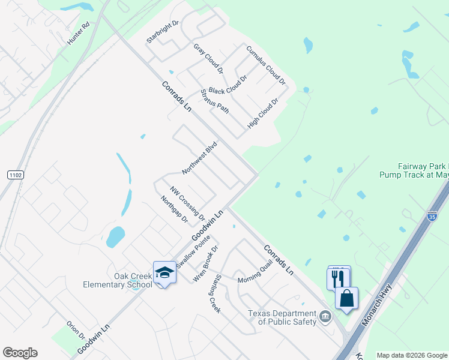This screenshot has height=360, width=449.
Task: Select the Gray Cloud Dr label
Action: tap(208, 58)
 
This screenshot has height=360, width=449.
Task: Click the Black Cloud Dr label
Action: tap(228, 85)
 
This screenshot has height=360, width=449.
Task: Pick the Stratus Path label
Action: tap(215, 101)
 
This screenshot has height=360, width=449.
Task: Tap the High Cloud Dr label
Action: tap(264, 113)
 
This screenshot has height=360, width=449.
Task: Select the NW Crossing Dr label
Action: tap(187, 203)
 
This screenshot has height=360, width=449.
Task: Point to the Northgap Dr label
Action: tap(175, 209)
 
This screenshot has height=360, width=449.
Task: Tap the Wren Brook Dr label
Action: tap(205, 263)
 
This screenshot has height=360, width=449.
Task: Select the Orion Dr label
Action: tap(76, 329)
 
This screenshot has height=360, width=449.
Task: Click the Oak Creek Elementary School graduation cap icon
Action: tap(164, 273)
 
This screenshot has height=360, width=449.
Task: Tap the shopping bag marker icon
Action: tap(347, 298)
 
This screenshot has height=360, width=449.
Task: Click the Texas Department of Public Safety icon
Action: tap(325, 316)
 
